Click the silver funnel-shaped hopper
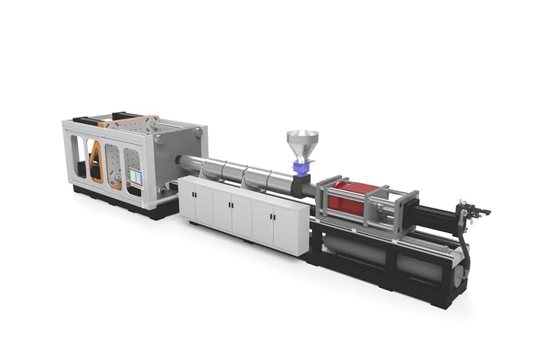302,145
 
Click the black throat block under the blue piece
304,185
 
